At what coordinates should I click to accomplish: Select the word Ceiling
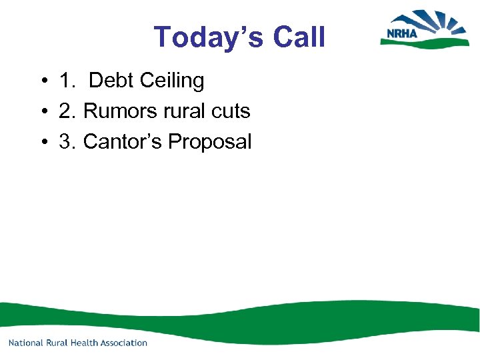(173, 81)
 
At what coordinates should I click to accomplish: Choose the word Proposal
(210, 142)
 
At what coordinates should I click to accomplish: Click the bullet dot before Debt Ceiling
(42, 82)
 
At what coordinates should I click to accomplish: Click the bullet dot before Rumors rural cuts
(42, 112)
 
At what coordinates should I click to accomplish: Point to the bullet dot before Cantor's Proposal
(42, 142)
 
